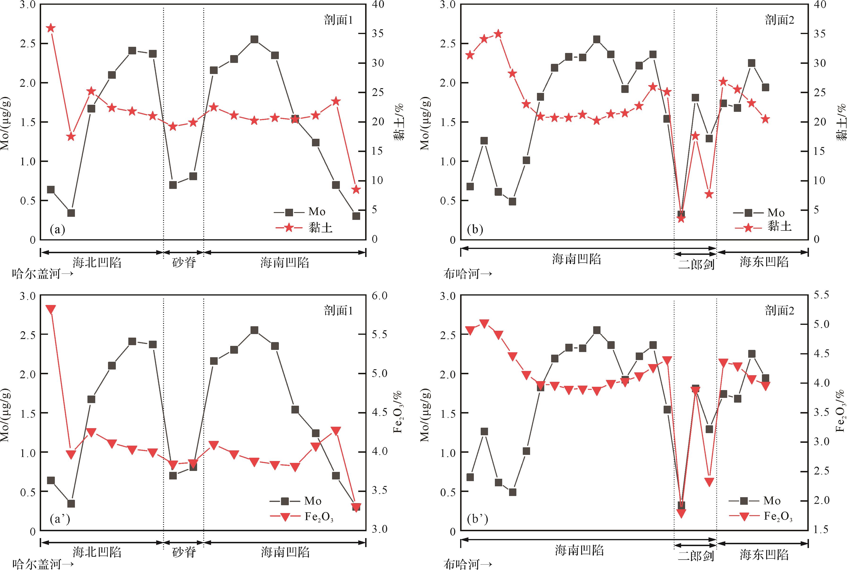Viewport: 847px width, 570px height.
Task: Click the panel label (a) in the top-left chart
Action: click(x=57, y=230)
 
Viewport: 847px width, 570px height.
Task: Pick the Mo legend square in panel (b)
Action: click(x=748, y=213)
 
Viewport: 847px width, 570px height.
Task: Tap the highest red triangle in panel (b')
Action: click(x=484, y=323)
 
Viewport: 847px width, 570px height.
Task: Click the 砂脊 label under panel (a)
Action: click(x=184, y=262)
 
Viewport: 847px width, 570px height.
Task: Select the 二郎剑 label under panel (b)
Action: click(x=696, y=264)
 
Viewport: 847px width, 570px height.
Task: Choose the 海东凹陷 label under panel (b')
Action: click(x=764, y=555)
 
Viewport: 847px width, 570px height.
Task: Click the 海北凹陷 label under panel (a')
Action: click(x=97, y=552)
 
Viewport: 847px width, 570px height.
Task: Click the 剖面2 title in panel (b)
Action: click(x=779, y=20)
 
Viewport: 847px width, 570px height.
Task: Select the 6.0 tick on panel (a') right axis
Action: click(x=379, y=296)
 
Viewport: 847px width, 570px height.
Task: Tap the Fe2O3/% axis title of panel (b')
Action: click(x=840, y=411)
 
